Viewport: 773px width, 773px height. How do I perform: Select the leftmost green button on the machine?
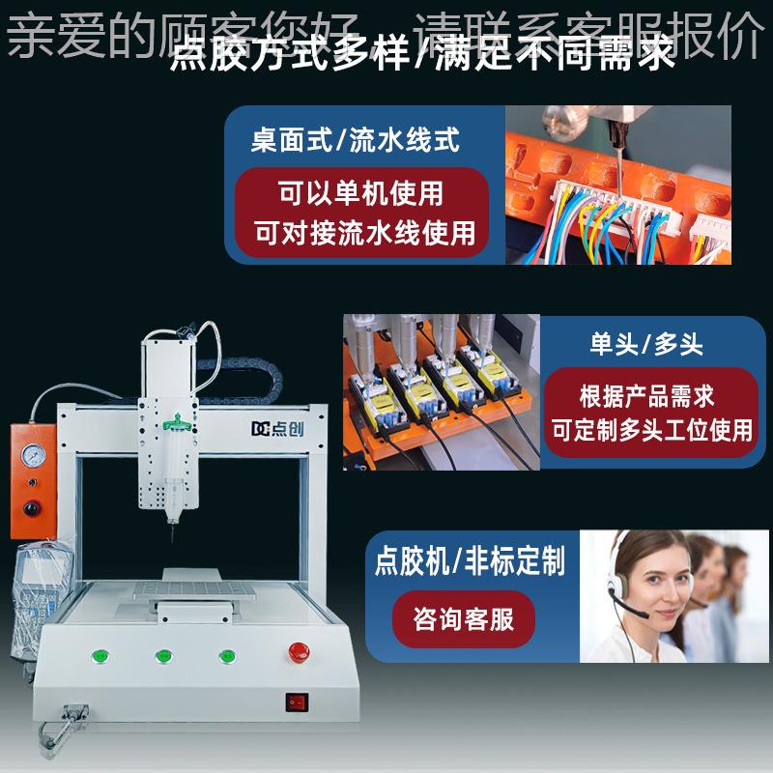[99, 656]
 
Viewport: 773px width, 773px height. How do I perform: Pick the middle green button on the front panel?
[162, 656]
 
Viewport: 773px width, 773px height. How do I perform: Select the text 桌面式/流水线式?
[355, 140]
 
